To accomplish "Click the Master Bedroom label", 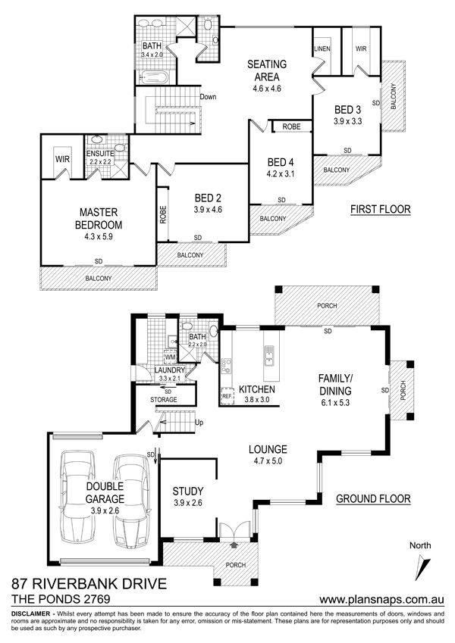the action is (x=99, y=219).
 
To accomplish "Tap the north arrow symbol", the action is (x=422, y=568).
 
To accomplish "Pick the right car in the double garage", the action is (x=130, y=501).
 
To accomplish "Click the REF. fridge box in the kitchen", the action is (x=227, y=396).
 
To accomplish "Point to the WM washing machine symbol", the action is (x=170, y=357).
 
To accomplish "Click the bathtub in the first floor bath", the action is (x=152, y=77).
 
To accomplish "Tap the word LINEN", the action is (x=322, y=48).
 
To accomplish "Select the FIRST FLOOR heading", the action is (x=380, y=209).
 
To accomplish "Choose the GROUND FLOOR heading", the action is (x=373, y=498).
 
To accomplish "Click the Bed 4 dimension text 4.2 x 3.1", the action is (x=281, y=173).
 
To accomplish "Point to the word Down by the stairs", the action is (x=208, y=97).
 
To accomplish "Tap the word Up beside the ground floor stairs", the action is (x=199, y=423).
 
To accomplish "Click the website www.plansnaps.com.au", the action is (x=381, y=599).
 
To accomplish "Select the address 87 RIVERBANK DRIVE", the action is (x=89, y=583).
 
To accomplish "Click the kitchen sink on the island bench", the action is (x=270, y=354).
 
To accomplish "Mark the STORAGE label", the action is (x=164, y=399).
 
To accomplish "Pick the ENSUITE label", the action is (x=100, y=154).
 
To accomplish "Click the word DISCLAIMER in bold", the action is (x=31, y=614).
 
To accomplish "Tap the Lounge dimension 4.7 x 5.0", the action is (x=268, y=461).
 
